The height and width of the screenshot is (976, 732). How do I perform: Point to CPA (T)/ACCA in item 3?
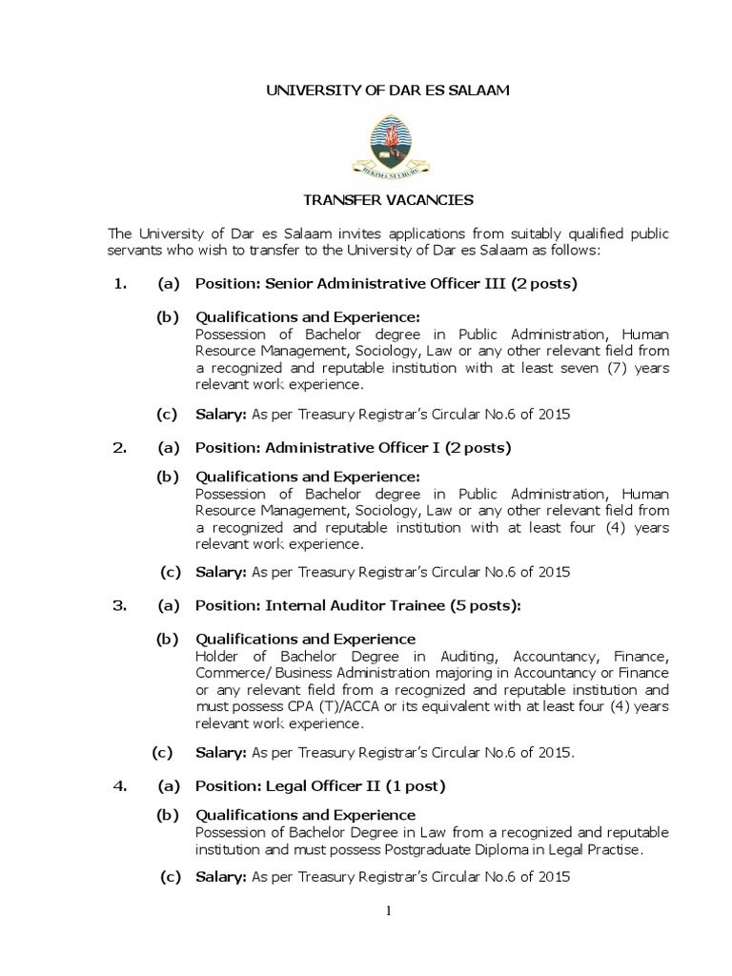click(x=336, y=706)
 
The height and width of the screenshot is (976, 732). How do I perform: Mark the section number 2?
click(x=119, y=447)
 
